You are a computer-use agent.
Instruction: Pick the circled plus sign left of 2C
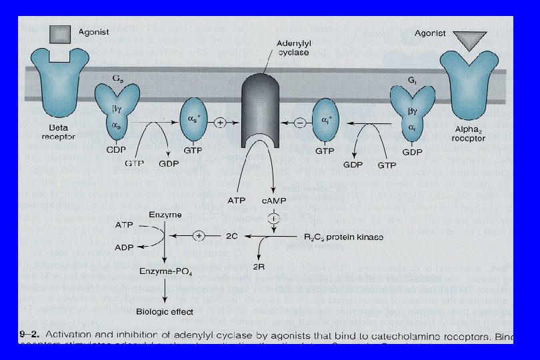(198, 236)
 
